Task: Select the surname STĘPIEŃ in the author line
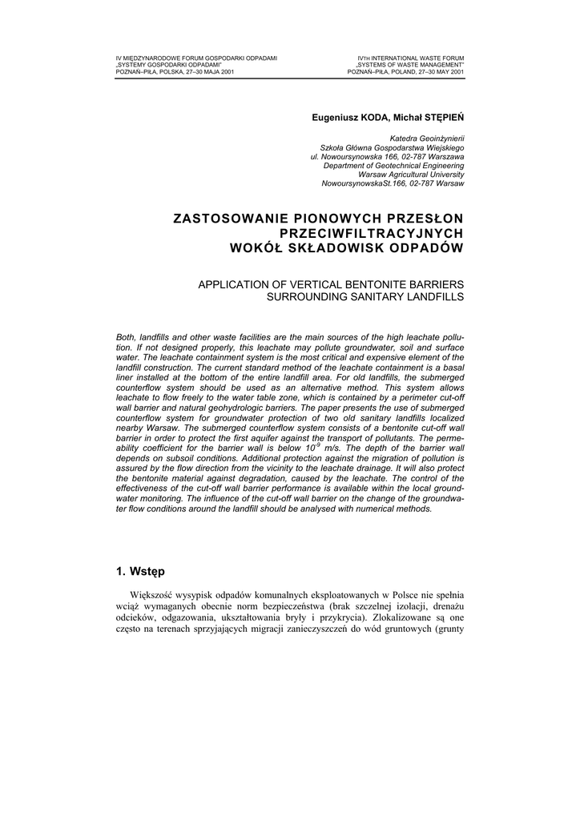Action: [441, 117]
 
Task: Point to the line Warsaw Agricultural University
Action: [411, 174]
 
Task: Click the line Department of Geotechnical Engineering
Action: [393, 165]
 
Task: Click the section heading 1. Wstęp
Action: [140, 571]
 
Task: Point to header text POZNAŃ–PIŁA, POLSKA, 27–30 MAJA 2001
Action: [175, 71]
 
